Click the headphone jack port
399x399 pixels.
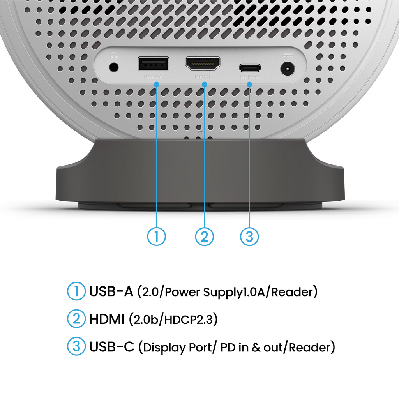114,67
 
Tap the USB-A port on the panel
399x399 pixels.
153,64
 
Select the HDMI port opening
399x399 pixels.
203,64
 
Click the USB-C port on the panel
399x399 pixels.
250,68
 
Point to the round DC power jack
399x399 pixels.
288,69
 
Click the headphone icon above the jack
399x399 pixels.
114,55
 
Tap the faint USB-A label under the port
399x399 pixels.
153,77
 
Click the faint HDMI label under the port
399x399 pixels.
203,77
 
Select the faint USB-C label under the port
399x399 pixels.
250,77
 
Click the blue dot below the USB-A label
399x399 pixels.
157,84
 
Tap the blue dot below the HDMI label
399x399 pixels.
204,84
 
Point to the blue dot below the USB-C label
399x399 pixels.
250,84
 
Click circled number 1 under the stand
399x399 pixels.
157,237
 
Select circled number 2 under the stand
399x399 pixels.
204,237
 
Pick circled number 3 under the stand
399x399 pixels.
250,237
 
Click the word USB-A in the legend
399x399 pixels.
111,291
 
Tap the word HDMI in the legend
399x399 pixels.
107,319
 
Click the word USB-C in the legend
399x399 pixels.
112,346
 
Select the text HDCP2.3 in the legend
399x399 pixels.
189,320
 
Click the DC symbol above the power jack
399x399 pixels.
288,55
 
